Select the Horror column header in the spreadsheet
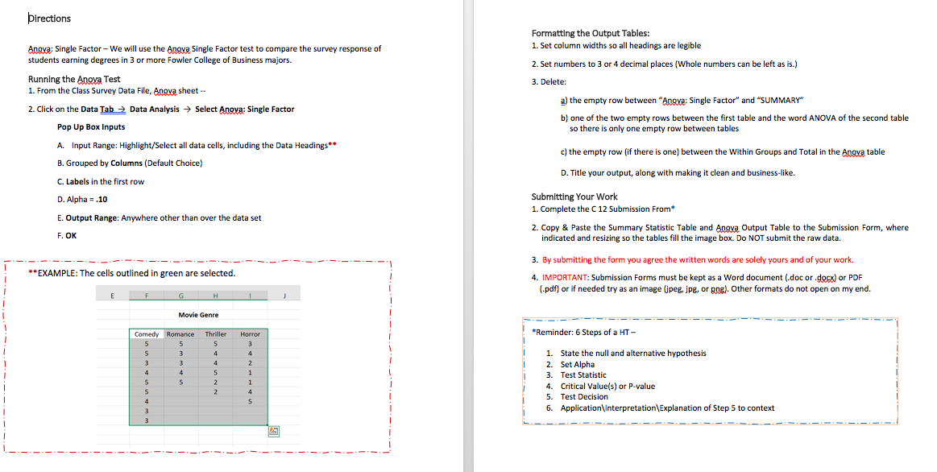(250, 333)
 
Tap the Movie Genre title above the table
(198, 315)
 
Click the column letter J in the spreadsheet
(285, 296)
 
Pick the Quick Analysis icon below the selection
(273, 432)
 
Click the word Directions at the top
(50, 19)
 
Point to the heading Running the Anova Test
(74, 79)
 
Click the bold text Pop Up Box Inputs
(91, 127)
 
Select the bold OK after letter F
(72, 236)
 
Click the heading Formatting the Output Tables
(590, 33)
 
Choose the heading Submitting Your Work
(574, 197)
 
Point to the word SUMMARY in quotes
(781, 100)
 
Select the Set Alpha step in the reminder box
(577, 364)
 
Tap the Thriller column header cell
(215, 333)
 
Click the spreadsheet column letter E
(112, 296)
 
